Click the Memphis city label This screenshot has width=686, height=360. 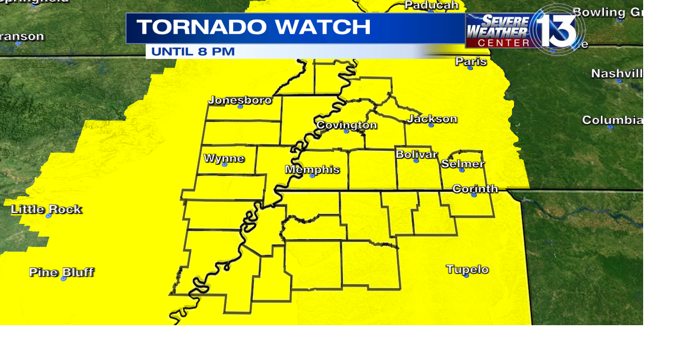tap(312, 169)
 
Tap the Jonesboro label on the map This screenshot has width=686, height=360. tap(240, 100)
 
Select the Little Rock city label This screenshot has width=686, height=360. tap(46, 209)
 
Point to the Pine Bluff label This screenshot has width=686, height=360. tap(61, 272)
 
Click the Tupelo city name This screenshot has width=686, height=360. tap(467, 269)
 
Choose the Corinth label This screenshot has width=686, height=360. tap(475, 189)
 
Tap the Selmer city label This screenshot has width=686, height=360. tap(463, 163)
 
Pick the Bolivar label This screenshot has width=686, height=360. tap(416, 154)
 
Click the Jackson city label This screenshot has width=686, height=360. tap(432, 118)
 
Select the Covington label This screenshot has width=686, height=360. tap(346, 125)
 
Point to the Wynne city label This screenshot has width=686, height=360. tap(224, 158)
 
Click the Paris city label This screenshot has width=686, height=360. tap(471, 61)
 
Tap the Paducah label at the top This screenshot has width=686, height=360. tap(431, 5)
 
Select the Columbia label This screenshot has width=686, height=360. tap(612, 120)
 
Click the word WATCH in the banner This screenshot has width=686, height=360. tap(327, 27)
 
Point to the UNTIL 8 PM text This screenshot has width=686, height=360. tap(193, 52)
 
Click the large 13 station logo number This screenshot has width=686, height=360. tap(561, 29)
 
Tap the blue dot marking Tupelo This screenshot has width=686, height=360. tap(466, 275)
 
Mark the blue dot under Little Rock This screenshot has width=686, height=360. tap(48, 216)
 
